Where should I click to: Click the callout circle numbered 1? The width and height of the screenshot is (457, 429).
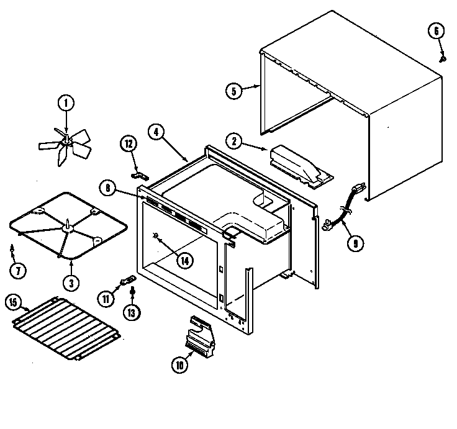pos(65,103)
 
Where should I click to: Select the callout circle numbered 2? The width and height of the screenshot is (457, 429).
pos(235,140)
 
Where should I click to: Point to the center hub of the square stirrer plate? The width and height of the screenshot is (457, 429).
pos(66,229)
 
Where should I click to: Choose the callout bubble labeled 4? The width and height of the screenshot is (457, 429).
pos(156,132)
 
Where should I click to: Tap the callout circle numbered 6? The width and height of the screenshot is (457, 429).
pos(436,30)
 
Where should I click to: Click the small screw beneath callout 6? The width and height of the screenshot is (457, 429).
pos(443,58)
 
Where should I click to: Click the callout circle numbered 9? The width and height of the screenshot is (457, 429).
pos(355,243)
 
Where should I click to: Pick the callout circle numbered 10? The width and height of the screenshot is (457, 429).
pos(180,365)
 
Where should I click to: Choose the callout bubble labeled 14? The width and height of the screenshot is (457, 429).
pos(184,261)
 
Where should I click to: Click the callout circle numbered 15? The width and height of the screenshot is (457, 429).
pos(12,303)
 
